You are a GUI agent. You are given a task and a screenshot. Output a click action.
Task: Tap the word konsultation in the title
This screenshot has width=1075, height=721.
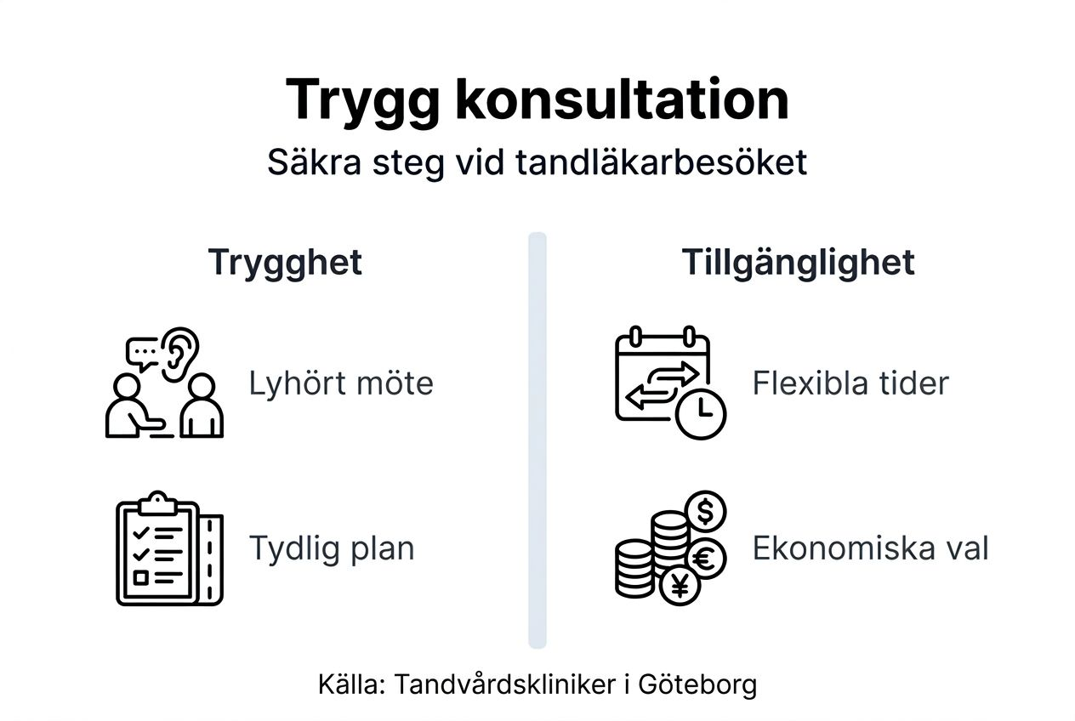point(622,99)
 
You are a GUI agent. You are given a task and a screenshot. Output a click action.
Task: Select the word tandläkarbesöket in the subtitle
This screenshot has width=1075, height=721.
point(661,162)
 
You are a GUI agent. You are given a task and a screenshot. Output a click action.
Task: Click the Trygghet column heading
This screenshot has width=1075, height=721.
point(285,262)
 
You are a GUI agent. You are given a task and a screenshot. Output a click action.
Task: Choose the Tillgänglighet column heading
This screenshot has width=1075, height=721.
point(798,262)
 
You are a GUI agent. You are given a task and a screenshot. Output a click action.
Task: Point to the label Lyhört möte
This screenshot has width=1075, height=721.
point(340,383)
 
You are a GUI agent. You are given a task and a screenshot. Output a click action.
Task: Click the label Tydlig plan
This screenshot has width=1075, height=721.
point(331,548)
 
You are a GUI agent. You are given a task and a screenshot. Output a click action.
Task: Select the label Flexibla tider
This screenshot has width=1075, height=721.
point(850,383)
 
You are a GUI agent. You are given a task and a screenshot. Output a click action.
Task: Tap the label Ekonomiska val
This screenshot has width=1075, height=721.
point(870,548)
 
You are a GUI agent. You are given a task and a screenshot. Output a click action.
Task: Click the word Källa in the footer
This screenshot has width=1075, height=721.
point(350,684)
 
